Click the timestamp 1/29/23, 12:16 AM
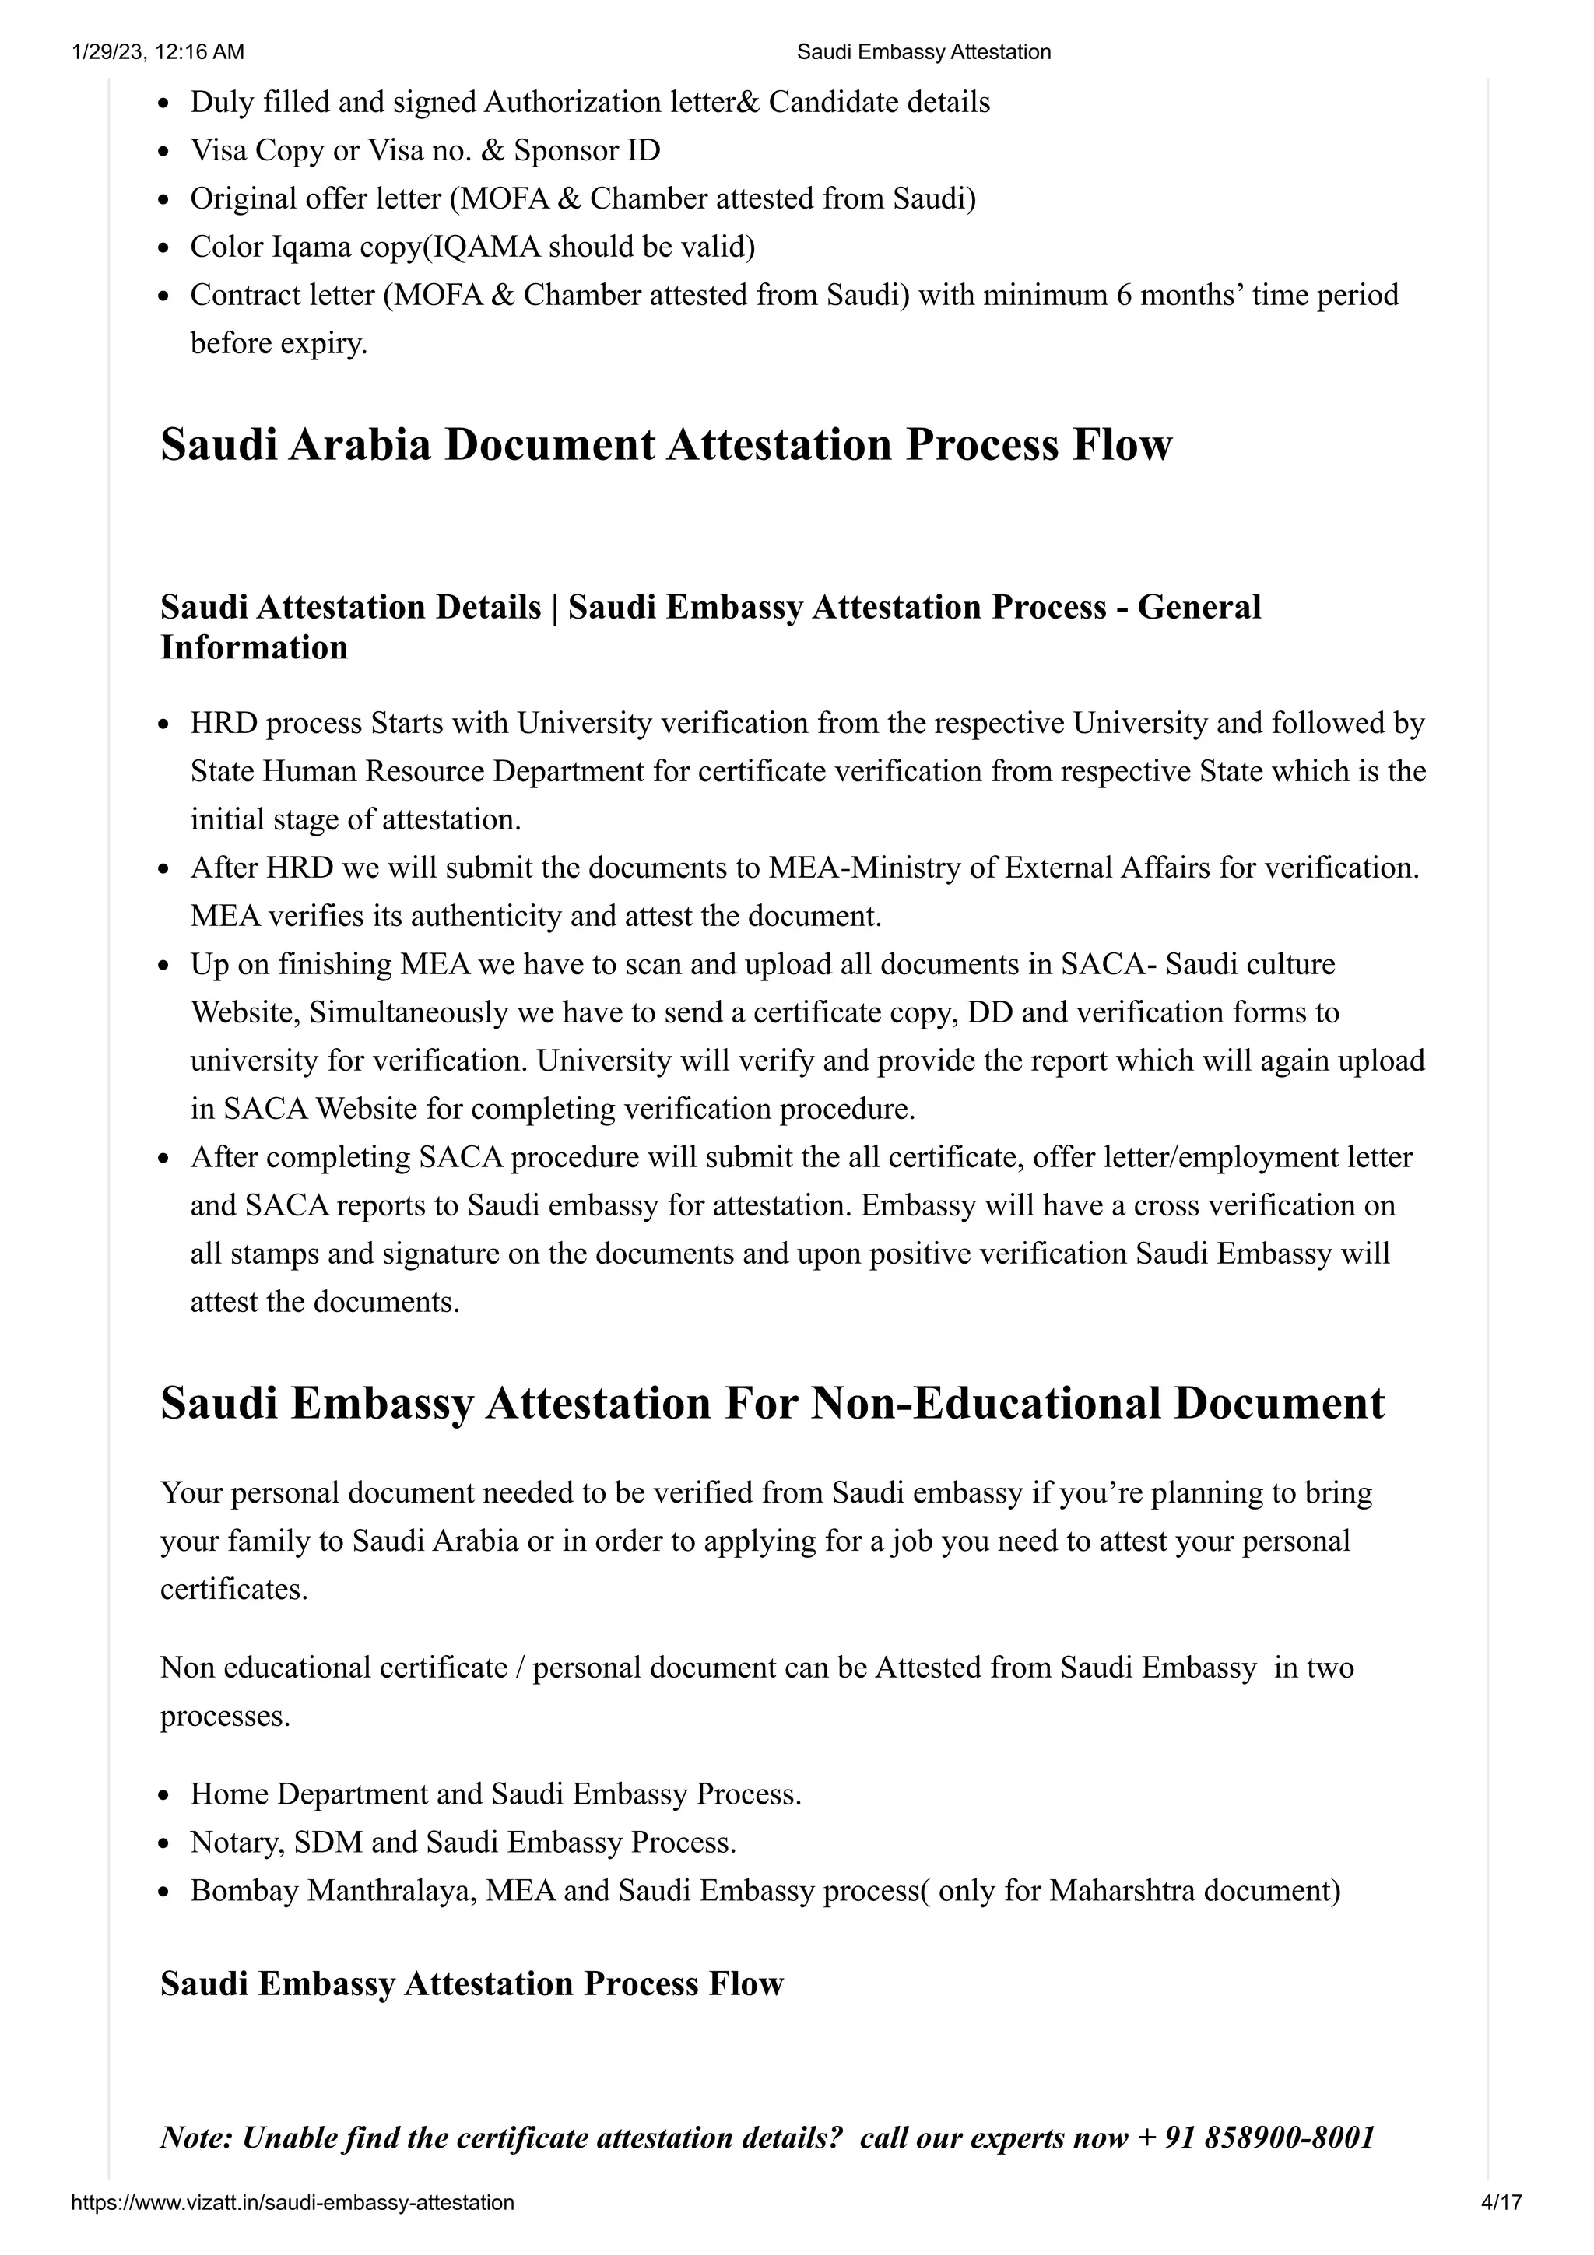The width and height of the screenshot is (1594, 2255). click(x=158, y=52)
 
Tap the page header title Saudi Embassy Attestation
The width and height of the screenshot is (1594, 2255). click(x=923, y=52)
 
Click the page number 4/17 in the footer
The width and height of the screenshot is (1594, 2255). click(x=1501, y=2202)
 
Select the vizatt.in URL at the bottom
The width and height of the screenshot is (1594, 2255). click(x=293, y=2202)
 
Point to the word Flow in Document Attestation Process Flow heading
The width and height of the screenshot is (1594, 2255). click(x=1122, y=444)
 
